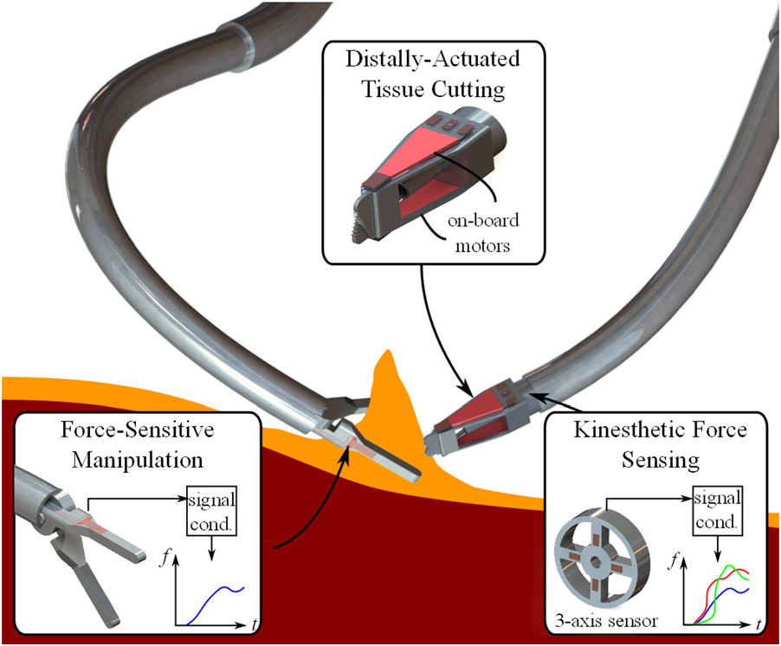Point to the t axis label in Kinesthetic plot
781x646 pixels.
(758, 623)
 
